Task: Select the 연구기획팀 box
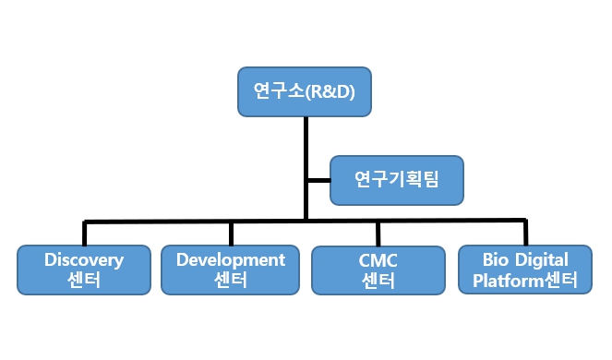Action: pyautogui.click(x=396, y=179)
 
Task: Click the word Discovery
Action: pyautogui.click(x=83, y=259)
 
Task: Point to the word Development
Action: pyautogui.click(x=230, y=259)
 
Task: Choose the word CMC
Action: pyautogui.click(x=378, y=259)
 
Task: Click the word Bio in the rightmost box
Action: pyautogui.click(x=486, y=259)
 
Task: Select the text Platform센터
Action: pyautogui.click(x=523, y=281)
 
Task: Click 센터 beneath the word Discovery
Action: pyautogui.click(x=83, y=281)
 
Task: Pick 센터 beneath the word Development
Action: pyautogui.click(x=230, y=281)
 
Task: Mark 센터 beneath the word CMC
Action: pyautogui.click(x=378, y=281)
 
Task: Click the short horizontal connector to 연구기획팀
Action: pyautogui.click(x=318, y=180)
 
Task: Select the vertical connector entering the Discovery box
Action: pyautogui.click(x=84, y=233)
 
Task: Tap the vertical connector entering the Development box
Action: pyautogui.click(x=231, y=233)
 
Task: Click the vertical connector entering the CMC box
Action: pyautogui.click(x=378, y=233)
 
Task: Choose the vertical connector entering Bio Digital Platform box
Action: pyautogui.click(x=524, y=233)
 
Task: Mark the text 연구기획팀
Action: pyautogui.click(x=396, y=179)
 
